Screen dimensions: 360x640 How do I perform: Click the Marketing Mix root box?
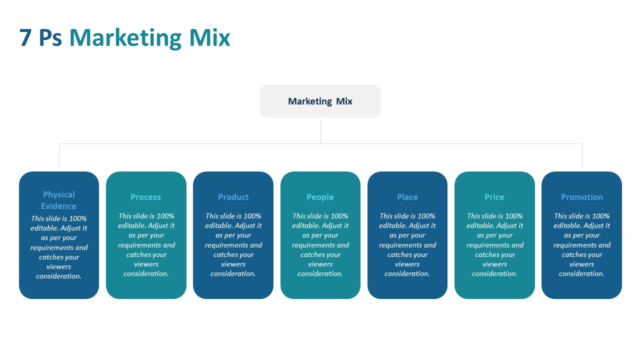[320, 101]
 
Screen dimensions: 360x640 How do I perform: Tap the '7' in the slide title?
[25, 38]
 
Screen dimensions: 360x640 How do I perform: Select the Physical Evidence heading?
[59, 200]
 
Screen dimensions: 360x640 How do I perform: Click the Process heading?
[145, 197]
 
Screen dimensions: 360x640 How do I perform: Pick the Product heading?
[233, 197]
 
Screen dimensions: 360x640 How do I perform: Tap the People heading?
[320, 197]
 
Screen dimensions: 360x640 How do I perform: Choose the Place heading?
[407, 197]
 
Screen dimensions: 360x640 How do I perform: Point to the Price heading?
[494, 197]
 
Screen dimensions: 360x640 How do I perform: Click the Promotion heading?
[581, 197]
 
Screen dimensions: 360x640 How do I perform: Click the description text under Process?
[146, 245]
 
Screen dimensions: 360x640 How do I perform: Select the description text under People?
[320, 245]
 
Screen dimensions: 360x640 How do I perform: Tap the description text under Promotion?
[581, 245]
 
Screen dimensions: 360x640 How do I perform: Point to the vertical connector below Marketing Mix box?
[320, 130]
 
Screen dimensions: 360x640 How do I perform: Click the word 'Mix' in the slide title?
[209, 38]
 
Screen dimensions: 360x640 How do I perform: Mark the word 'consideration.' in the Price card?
[494, 274]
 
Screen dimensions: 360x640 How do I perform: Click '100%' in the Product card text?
[252, 216]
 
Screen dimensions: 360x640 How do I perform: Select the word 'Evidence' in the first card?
[59, 206]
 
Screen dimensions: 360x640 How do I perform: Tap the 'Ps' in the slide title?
[50, 38]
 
